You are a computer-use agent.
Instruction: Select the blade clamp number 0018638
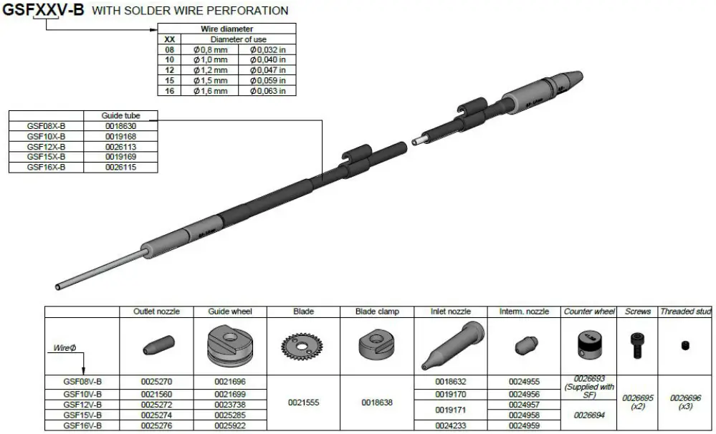tap(378, 402)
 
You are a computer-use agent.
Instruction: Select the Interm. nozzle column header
tap(524, 312)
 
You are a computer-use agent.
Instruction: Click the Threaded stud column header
tap(685, 312)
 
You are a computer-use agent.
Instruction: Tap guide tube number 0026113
tap(120, 146)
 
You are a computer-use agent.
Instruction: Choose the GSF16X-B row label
tap(46, 166)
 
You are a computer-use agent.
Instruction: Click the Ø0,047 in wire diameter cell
tap(267, 70)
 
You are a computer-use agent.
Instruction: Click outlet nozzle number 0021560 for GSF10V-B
tap(156, 394)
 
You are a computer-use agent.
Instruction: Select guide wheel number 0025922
tap(230, 425)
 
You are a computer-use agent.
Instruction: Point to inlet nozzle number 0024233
tap(451, 425)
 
